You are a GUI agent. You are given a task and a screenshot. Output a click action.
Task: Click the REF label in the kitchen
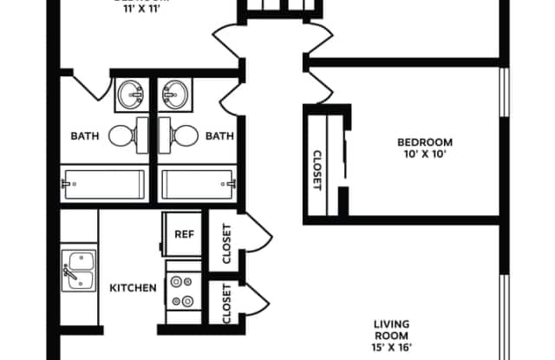(x=184, y=233)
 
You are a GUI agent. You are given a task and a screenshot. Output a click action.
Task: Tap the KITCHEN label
(x=133, y=287)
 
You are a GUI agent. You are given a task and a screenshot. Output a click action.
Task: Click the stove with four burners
(x=184, y=291)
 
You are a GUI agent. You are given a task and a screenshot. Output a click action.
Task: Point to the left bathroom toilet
(x=125, y=134)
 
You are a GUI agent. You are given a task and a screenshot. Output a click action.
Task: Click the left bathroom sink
(x=132, y=93)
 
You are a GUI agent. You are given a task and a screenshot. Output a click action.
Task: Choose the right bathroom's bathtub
(x=198, y=184)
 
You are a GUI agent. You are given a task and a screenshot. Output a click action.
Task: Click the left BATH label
(x=85, y=135)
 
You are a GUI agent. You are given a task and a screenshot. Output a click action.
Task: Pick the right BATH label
(x=219, y=135)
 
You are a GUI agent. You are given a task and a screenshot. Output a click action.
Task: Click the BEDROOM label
(x=425, y=142)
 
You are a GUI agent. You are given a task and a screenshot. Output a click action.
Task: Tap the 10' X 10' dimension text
(x=425, y=155)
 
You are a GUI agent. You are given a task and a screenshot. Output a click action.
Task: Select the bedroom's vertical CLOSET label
(x=317, y=170)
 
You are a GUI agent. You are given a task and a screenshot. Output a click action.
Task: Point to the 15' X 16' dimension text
(x=391, y=348)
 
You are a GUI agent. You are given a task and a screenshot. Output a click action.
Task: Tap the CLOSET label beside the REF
(x=226, y=245)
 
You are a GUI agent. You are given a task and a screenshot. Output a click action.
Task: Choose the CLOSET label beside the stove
(x=226, y=304)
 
